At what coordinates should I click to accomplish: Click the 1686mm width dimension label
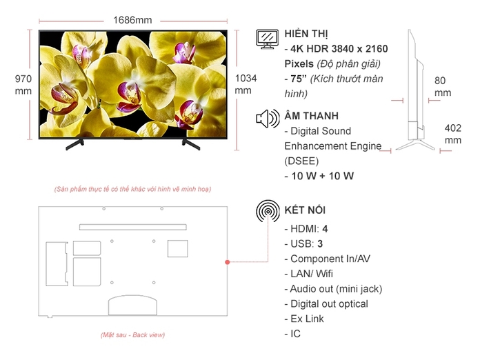132,20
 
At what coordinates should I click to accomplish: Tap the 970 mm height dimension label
23,85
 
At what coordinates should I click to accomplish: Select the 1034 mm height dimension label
246,84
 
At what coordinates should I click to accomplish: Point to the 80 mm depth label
442,86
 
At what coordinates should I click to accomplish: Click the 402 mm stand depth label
452,134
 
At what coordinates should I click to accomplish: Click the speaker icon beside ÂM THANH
267,119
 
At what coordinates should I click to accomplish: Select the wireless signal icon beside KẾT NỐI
267,212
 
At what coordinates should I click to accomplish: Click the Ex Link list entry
304,319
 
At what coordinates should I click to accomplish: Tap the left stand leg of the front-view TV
74,143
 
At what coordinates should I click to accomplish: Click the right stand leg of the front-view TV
190,143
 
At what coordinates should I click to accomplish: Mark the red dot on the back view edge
227,262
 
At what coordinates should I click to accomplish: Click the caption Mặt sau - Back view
132,335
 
